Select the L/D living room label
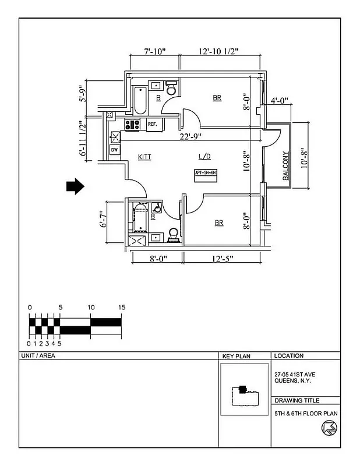(204, 157)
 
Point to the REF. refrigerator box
(153, 124)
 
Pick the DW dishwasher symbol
(114, 150)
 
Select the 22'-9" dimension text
(192, 136)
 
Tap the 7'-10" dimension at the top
(155, 52)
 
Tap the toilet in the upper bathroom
(171, 90)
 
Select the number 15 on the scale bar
(121, 307)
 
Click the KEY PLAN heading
(236, 355)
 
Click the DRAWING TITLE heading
(296, 400)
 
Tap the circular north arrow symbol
(327, 429)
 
